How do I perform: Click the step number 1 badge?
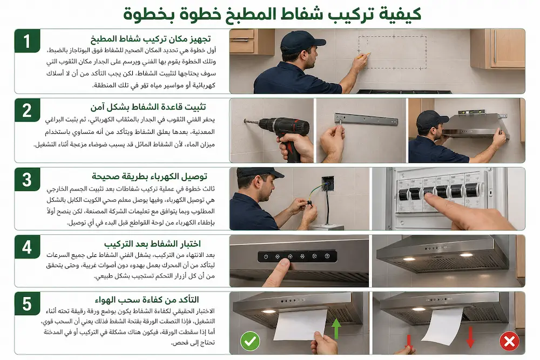[x=27, y=41]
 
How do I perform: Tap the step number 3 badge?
[x=27, y=180]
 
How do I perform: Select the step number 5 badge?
[x=27, y=304]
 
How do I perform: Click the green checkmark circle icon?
[x=250, y=341]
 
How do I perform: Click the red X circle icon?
[x=509, y=341]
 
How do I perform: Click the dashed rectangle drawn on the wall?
[x=392, y=52]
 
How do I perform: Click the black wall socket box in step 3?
[x=328, y=184]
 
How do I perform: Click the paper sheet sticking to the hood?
[x=300, y=324]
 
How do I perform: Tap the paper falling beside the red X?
[x=443, y=325]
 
